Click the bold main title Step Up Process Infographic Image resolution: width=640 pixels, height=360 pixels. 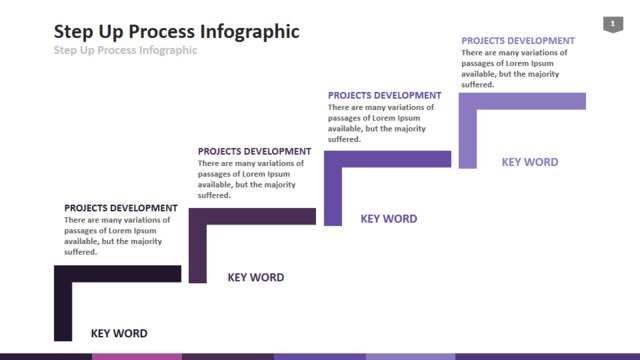tap(176, 32)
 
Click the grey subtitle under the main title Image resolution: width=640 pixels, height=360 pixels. tap(125, 50)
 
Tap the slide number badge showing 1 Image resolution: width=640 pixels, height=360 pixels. tap(613, 24)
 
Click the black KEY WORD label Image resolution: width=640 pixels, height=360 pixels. tap(119, 333)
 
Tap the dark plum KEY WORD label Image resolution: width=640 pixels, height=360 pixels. tap(256, 278)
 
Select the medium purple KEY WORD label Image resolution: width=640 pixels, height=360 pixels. tap(389, 219)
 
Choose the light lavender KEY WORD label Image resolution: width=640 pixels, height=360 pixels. tap(530, 162)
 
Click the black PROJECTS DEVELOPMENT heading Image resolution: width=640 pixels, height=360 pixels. tap(121, 208)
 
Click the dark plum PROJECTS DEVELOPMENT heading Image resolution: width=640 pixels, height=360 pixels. tap(255, 151)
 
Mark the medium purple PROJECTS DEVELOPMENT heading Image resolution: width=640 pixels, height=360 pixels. tap(384, 96)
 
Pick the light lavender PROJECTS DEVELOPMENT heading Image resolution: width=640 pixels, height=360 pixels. tap(518, 41)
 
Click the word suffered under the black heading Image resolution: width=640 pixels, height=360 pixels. tap(80, 252)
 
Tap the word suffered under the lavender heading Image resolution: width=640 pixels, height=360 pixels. tap(478, 84)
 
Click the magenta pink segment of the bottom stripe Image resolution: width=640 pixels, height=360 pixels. tap(137, 357)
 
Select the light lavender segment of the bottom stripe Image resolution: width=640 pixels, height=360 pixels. tap(411, 357)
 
